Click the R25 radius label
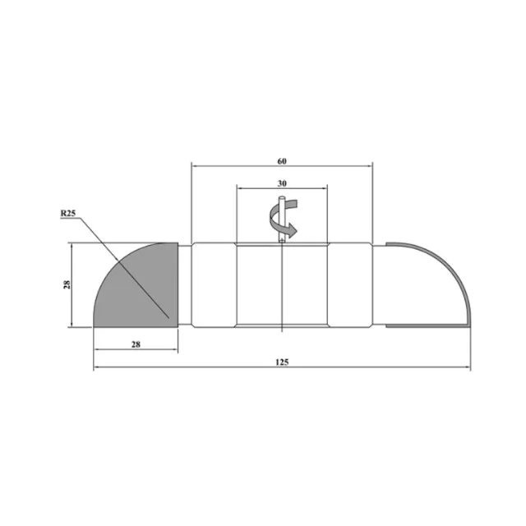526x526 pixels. tap(68, 214)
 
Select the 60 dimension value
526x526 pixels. tap(282, 161)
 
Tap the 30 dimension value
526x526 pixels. tap(282, 183)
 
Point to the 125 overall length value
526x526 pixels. tap(282, 362)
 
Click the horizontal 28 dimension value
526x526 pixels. tap(136, 344)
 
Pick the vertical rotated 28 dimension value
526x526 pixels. tap(67, 284)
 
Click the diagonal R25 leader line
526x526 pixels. tap(124, 268)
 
